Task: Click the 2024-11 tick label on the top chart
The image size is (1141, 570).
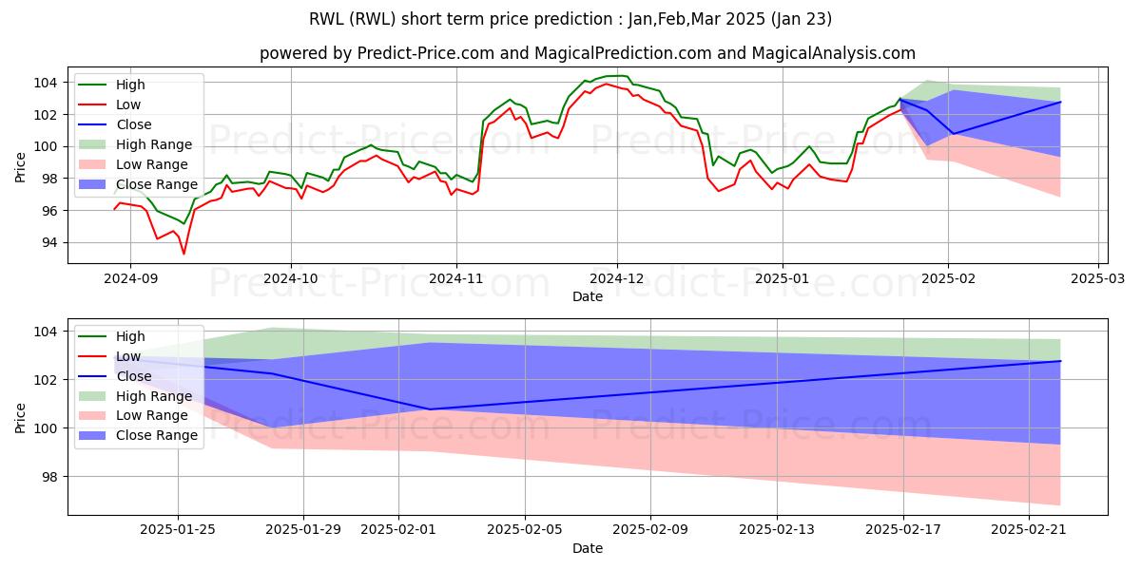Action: [x=455, y=279]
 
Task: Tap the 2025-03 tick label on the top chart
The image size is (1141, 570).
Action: [x=1098, y=279]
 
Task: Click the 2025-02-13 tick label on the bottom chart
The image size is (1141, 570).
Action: [x=776, y=530]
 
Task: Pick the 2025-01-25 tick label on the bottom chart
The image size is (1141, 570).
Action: [x=178, y=530]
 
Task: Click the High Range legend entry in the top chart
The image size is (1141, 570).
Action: [x=153, y=144]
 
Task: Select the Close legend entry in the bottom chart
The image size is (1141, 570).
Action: [x=134, y=376]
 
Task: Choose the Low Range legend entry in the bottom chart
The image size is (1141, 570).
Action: [x=152, y=416]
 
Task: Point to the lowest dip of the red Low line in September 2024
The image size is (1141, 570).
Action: [x=184, y=254]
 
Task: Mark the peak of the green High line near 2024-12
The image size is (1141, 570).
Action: [x=618, y=76]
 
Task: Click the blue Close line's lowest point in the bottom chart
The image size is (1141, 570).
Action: [x=430, y=409]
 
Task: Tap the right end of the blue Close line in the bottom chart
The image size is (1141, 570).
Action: [x=1060, y=361]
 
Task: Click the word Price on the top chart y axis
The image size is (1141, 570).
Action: [x=22, y=165]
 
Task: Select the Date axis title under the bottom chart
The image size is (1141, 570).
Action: [x=587, y=548]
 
